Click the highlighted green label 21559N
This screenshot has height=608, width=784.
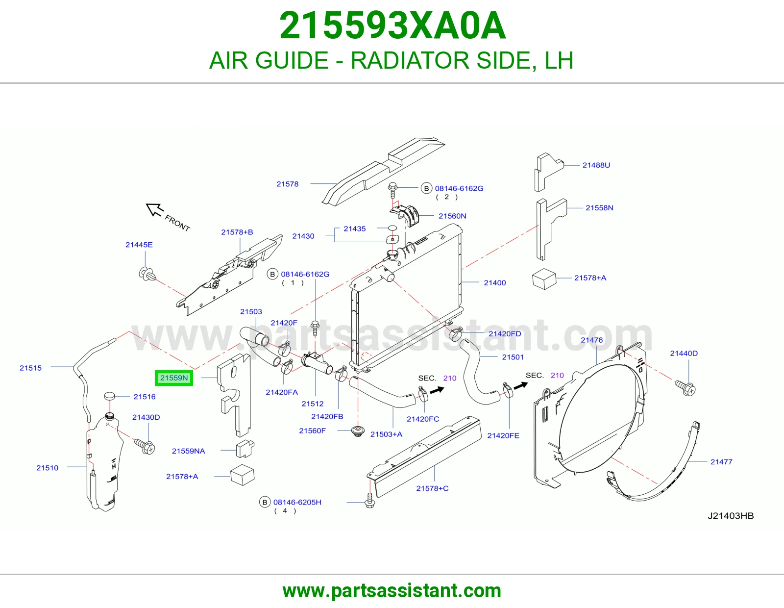[174, 378]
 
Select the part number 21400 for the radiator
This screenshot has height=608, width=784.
[494, 283]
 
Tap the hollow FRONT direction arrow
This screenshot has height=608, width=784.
[154, 209]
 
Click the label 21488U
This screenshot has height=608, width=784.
[596, 165]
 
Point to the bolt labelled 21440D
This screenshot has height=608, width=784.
[685, 388]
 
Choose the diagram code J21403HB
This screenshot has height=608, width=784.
[731, 516]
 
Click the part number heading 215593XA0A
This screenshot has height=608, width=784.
[392, 25]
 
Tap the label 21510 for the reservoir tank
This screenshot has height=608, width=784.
[47, 468]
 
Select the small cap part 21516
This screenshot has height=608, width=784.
[109, 396]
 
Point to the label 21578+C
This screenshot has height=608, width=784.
[432, 488]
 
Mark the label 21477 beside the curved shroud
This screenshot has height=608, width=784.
[721, 462]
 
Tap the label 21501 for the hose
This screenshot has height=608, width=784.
[513, 357]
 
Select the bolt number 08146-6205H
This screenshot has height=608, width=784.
[297, 502]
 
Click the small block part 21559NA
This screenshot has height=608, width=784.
[245, 449]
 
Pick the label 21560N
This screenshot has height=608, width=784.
[452, 216]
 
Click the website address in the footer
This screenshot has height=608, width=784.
[392, 591]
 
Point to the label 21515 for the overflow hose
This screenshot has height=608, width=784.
[31, 368]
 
